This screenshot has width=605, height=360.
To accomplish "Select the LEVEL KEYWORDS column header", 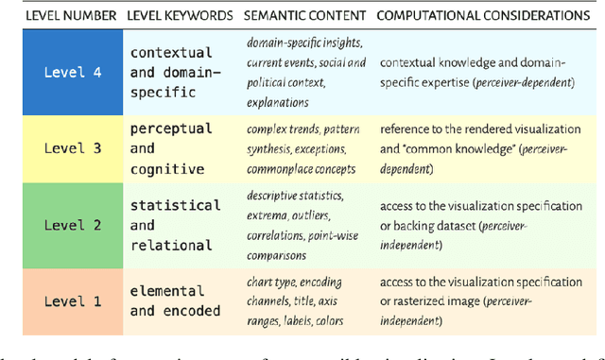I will click(179, 15).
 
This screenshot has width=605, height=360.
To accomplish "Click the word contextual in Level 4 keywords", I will click(172, 53).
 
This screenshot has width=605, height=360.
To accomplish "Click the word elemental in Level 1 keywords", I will click(168, 292).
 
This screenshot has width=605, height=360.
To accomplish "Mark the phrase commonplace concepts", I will click(302, 169).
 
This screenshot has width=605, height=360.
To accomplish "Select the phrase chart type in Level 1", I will click(274, 281).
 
